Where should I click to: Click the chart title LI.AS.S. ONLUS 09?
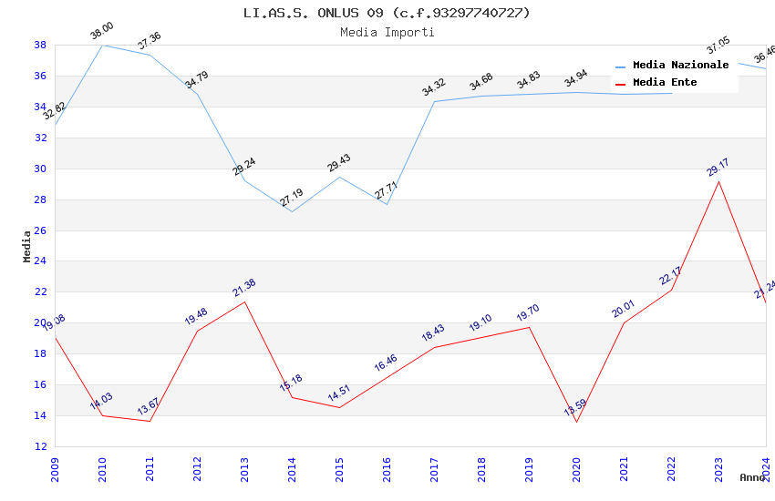tap(387, 13)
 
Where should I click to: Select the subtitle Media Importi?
tap(387, 32)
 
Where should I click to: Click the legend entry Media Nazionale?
tap(680, 66)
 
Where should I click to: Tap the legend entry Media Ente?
tap(665, 83)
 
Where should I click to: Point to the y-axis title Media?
tap(27, 246)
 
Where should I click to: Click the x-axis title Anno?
tap(752, 477)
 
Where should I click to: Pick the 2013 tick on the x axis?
tap(244, 469)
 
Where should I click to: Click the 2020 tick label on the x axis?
tap(576, 469)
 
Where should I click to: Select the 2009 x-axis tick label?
tap(55, 469)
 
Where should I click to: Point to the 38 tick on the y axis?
tap(40, 45)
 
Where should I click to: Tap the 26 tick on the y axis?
tap(40, 230)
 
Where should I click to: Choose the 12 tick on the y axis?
tap(40, 446)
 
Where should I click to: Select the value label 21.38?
tap(244, 288)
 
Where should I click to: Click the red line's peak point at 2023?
tap(718, 181)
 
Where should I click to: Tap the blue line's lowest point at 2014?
tap(292, 211)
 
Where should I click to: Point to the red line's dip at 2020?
tap(576, 422)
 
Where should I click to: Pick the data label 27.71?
tap(387, 190)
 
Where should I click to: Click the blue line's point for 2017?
tap(434, 101)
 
